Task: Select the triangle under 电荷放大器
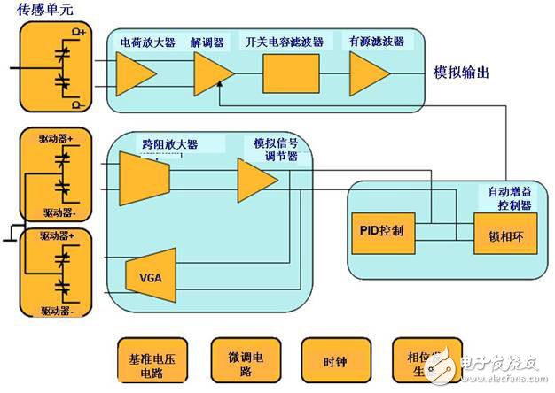(136, 74)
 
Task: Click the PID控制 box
(384, 230)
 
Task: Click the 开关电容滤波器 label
(284, 41)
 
